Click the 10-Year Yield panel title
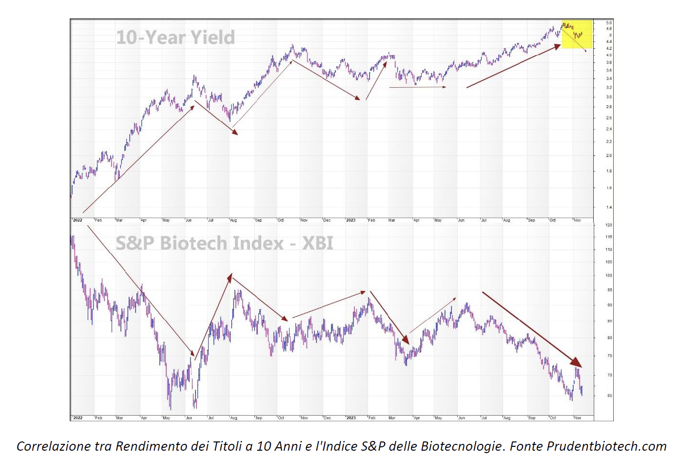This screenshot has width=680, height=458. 175,38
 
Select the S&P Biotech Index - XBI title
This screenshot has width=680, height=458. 224,243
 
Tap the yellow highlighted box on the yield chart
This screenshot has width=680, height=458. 577,34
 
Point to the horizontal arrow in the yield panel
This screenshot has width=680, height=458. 417,87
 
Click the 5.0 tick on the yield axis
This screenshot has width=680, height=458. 609,23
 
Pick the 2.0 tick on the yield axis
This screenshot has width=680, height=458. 609,155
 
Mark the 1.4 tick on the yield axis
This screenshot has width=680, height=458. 609,207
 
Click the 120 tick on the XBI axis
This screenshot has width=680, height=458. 609,225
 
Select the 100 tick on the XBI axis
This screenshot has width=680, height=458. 609,275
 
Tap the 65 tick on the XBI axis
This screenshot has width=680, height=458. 609,396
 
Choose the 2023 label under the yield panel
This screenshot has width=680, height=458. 350,220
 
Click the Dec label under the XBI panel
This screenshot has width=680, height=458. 327,418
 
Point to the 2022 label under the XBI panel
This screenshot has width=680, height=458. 78,418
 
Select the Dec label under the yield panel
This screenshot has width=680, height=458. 327,220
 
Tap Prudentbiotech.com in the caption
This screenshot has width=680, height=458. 606,446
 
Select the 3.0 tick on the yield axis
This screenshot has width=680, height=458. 609,97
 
